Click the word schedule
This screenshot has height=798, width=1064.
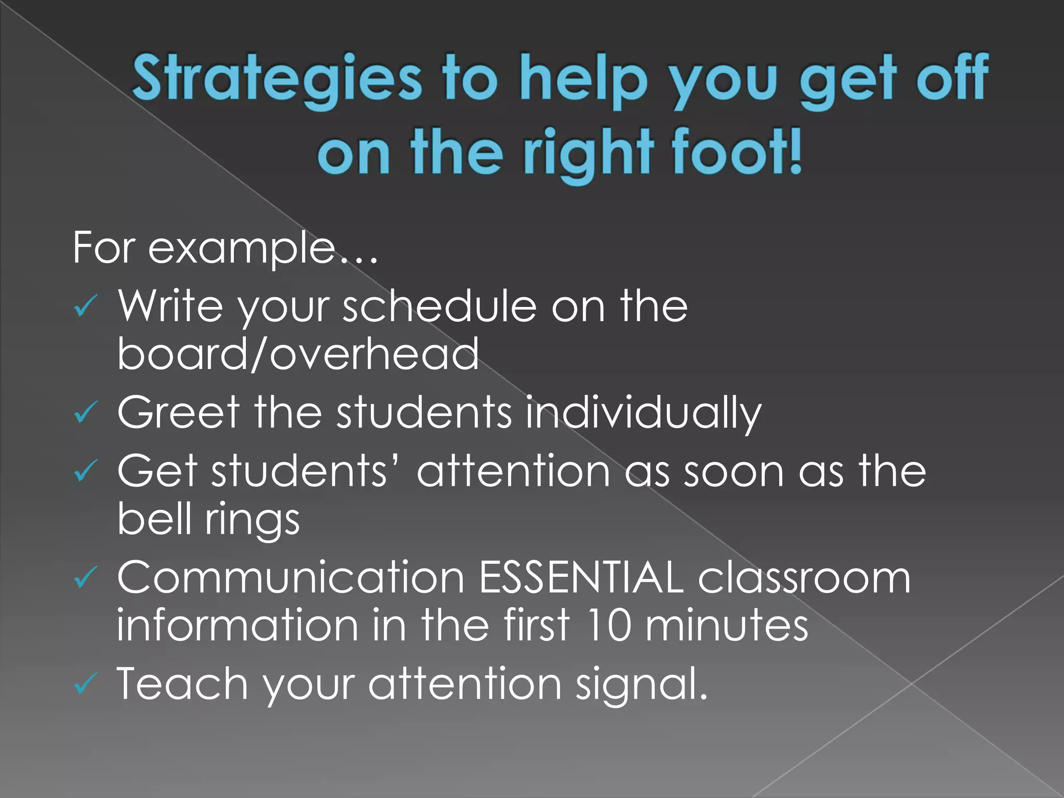440,307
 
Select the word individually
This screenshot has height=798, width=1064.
643,414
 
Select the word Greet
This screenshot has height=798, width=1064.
179,413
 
